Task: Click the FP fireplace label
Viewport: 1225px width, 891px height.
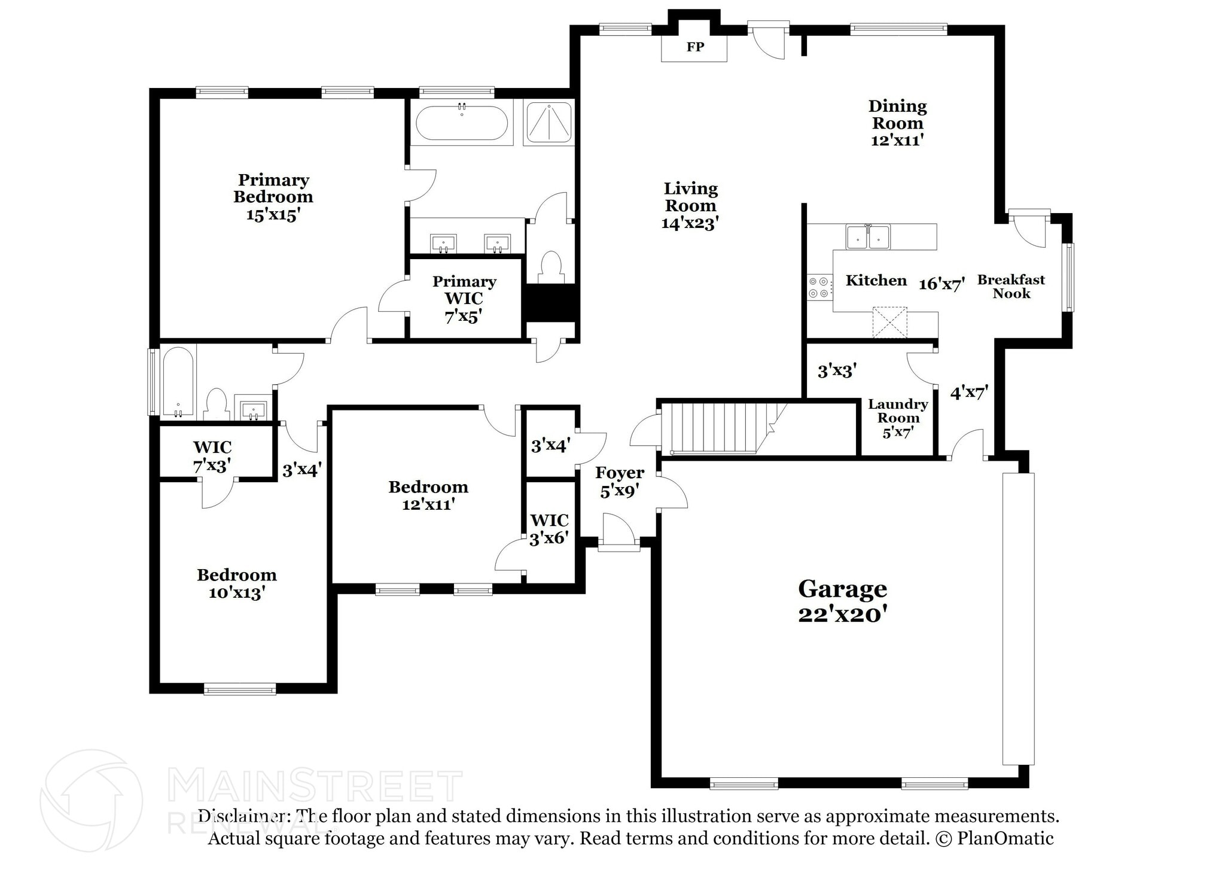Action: click(x=694, y=47)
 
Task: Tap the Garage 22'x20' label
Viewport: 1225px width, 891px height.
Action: click(x=842, y=601)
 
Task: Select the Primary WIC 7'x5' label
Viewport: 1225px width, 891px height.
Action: click(x=464, y=299)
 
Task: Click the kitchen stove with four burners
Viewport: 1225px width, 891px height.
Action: click(x=819, y=287)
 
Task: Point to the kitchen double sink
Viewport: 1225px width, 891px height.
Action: click(x=867, y=236)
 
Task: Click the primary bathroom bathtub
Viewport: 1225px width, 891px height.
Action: click(x=461, y=123)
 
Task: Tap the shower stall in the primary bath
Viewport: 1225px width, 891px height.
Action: click(x=548, y=123)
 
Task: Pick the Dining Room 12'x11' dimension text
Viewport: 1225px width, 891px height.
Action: click(x=897, y=140)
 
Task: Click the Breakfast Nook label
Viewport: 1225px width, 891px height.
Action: click(x=1011, y=286)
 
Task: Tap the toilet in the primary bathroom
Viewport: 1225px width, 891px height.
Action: click(x=550, y=267)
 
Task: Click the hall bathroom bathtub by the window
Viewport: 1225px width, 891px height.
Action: click(x=178, y=381)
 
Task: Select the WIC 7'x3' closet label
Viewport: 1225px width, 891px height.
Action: click(x=212, y=456)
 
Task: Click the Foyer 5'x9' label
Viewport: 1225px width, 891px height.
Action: click(x=620, y=482)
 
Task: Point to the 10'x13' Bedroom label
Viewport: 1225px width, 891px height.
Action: click(x=237, y=583)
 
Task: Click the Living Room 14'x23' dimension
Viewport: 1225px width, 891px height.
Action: click(x=690, y=223)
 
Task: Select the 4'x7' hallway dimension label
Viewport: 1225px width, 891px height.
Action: click(x=969, y=393)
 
